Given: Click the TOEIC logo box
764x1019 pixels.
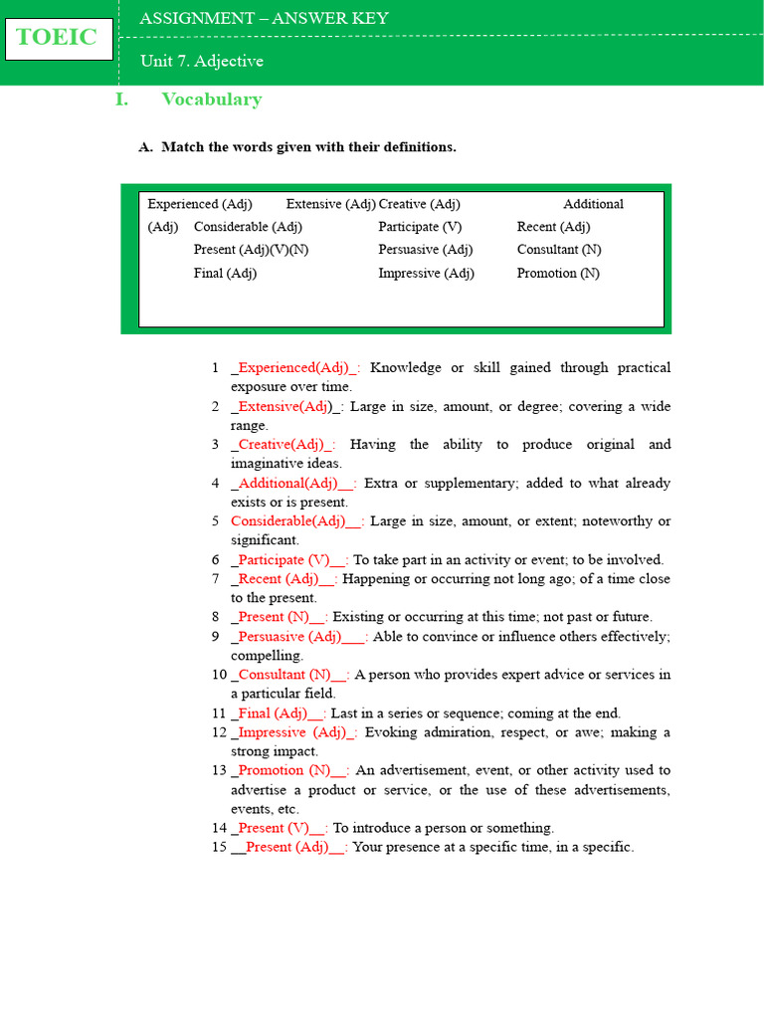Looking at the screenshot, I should [58, 39].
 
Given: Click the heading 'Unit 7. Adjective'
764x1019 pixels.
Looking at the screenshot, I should [201, 61].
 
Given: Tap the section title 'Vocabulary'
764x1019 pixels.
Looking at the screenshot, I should [211, 99].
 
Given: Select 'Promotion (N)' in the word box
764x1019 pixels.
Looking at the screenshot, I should [558, 273].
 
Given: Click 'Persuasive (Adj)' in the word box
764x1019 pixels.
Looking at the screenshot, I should [425, 250].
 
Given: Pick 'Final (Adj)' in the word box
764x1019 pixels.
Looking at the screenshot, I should [225, 273].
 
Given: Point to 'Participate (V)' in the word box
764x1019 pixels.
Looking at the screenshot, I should [420, 227].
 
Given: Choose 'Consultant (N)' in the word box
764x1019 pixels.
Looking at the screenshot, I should [559, 250].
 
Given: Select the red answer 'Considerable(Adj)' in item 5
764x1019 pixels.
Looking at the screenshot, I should [295, 520].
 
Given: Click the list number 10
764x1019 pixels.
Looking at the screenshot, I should [219, 674].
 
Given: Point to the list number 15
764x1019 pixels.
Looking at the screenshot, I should [219, 847].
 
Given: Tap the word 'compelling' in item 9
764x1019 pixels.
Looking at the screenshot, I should [266, 655].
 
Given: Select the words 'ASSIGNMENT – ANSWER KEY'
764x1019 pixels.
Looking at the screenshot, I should [264, 18].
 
